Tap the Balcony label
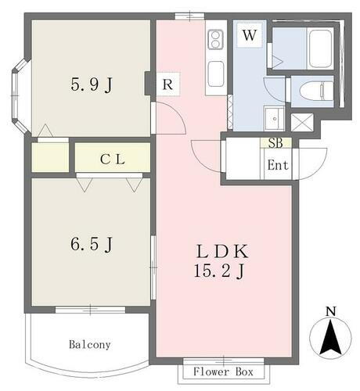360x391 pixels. (x=88, y=344)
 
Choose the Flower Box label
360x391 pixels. (x=223, y=371)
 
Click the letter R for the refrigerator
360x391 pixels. (x=168, y=85)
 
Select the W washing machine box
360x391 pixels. (x=250, y=35)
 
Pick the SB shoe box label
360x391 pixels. (x=275, y=142)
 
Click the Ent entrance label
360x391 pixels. (x=278, y=165)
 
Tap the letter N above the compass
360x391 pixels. (x=330, y=311)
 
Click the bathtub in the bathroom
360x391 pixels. (x=321, y=48)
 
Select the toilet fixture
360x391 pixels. (x=312, y=91)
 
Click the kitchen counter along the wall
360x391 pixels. (x=216, y=59)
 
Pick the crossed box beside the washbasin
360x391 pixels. (x=301, y=123)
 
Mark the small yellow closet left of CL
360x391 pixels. (x=50, y=157)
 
